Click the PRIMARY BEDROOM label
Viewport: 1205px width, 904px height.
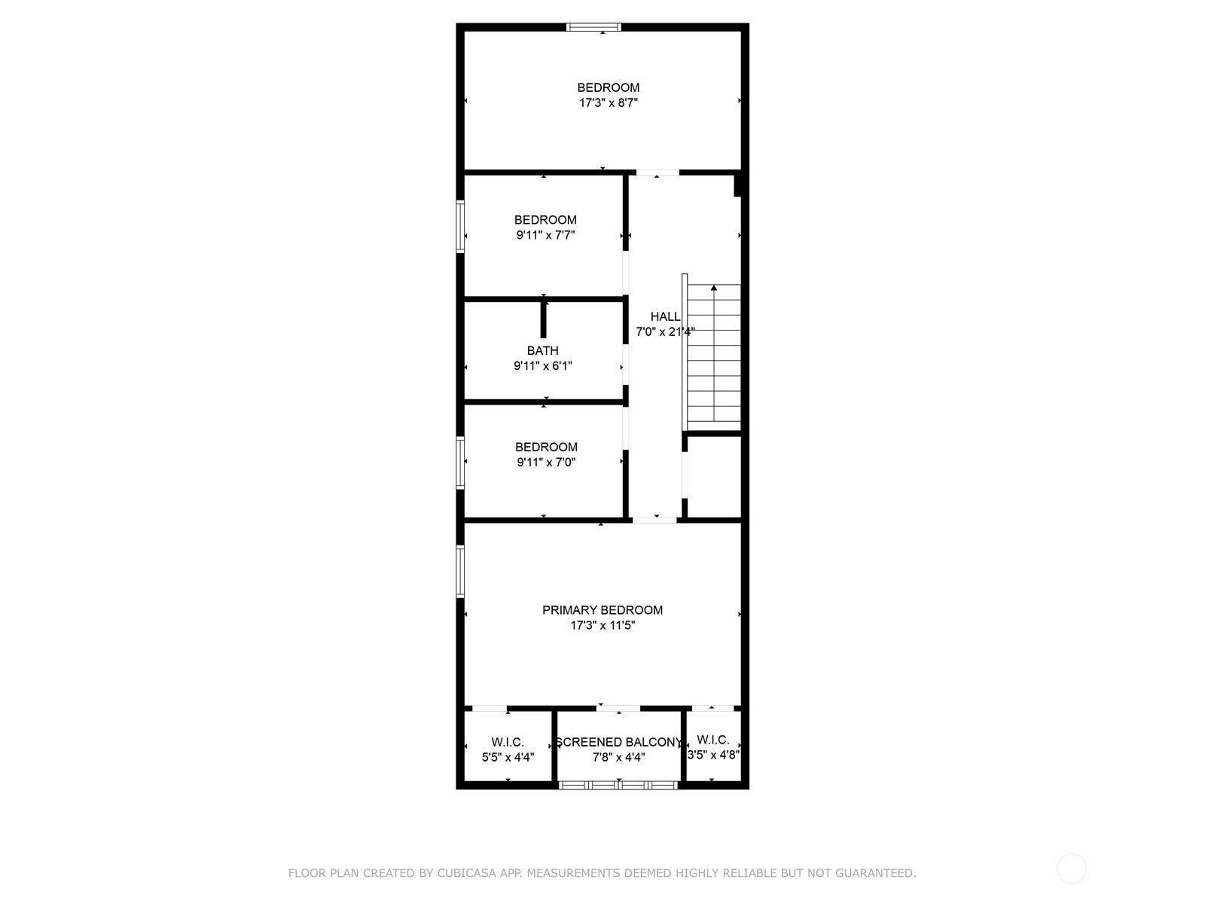click(x=602, y=609)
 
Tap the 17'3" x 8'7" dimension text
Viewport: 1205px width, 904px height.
click(x=609, y=102)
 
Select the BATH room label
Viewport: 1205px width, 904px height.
click(x=542, y=350)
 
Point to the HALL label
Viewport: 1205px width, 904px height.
click(x=665, y=316)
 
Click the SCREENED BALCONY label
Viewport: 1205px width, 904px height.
click(x=619, y=742)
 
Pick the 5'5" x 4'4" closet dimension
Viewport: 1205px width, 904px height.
click(x=508, y=757)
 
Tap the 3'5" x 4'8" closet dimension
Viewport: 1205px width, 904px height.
click(x=713, y=755)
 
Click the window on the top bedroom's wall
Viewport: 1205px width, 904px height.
click(x=593, y=27)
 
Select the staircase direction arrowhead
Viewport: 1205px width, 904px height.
click(x=714, y=288)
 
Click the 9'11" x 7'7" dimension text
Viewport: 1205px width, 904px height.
click(x=545, y=235)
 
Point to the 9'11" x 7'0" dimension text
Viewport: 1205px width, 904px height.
click(x=546, y=462)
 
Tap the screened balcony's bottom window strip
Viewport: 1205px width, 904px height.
click(x=618, y=785)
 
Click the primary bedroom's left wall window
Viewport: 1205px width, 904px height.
click(x=460, y=571)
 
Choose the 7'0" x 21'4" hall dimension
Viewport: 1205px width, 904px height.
click(x=665, y=331)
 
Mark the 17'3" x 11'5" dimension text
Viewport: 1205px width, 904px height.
click(x=602, y=625)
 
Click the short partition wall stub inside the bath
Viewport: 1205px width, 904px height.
click(x=544, y=319)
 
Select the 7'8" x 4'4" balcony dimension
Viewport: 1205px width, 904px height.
click(x=619, y=757)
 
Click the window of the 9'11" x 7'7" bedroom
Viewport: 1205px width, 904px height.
click(x=460, y=227)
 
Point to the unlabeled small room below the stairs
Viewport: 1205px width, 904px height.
click(x=714, y=476)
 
